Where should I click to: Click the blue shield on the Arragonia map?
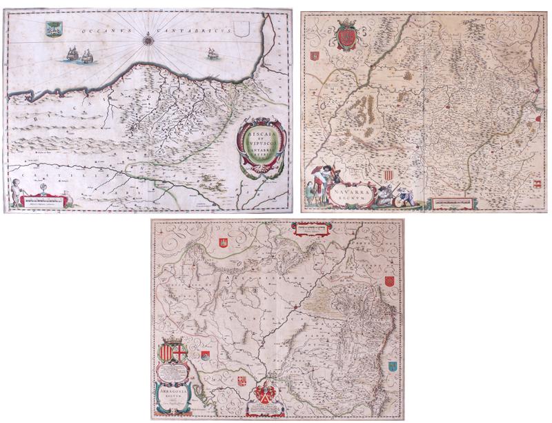[x=393, y=367]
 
